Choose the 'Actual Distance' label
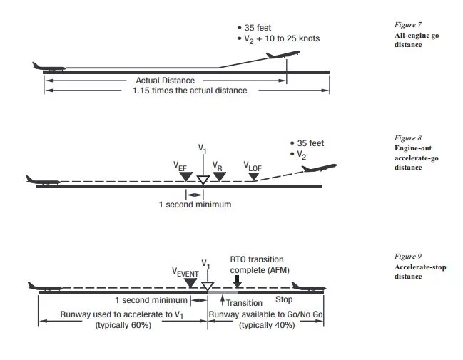point(165,81)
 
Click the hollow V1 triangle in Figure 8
point(203,180)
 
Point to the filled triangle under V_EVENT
point(190,283)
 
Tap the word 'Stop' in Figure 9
point(284,300)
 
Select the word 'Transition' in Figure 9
point(244,303)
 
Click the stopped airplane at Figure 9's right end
point(309,287)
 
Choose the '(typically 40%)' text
point(265,324)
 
